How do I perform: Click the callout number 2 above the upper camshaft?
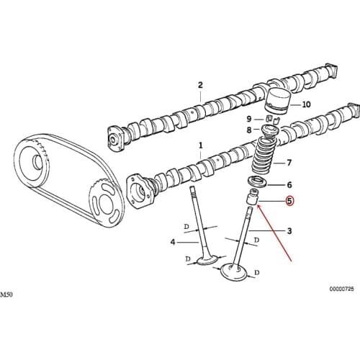click(x=200, y=85)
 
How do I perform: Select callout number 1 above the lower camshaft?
click(x=201, y=145)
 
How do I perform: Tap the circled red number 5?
click(x=289, y=201)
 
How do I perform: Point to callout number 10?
click(x=307, y=104)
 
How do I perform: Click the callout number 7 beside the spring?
click(x=289, y=163)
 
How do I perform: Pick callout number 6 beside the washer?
click(x=289, y=185)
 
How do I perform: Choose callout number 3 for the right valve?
click(x=289, y=231)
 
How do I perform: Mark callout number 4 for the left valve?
click(x=173, y=242)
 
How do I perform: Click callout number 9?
click(x=249, y=119)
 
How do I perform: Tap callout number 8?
click(x=249, y=130)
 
